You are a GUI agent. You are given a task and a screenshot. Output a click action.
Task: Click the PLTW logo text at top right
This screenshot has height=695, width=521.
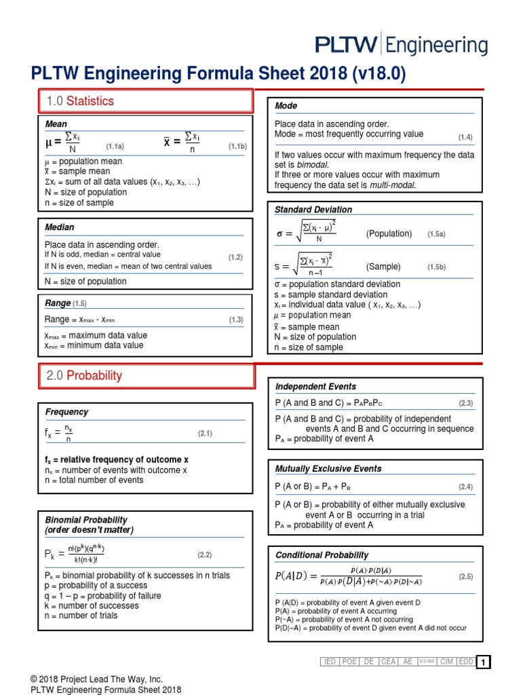[x=401, y=45]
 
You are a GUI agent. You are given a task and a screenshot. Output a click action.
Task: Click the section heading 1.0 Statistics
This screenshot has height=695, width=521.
[x=80, y=101]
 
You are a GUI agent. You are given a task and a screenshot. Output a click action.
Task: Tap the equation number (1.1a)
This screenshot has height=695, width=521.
[x=115, y=146]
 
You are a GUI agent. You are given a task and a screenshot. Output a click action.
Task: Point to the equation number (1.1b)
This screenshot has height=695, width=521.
[x=237, y=146]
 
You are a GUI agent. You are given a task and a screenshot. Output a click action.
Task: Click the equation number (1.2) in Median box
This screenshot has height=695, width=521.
[x=235, y=257]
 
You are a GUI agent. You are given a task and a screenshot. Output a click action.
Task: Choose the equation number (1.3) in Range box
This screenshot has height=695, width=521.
[x=235, y=320]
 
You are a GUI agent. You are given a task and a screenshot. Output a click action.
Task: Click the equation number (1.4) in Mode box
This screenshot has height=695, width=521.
[x=465, y=137]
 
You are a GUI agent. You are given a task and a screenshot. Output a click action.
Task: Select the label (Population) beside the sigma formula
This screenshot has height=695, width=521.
[x=389, y=233]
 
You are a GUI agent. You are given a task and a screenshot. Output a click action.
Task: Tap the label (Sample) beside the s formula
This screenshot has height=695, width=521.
[x=383, y=267]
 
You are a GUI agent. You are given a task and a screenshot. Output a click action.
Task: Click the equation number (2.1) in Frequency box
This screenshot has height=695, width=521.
[x=205, y=433]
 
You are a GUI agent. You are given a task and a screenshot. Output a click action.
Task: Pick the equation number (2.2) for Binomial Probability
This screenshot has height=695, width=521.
[x=205, y=555]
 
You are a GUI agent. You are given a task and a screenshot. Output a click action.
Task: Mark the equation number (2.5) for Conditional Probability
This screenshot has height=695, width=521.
[x=465, y=576]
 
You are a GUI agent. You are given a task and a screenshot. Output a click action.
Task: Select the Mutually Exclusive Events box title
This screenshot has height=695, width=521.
[x=328, y=468]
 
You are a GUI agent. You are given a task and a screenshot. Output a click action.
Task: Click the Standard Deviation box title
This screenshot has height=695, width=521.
[x=313, y=210]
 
